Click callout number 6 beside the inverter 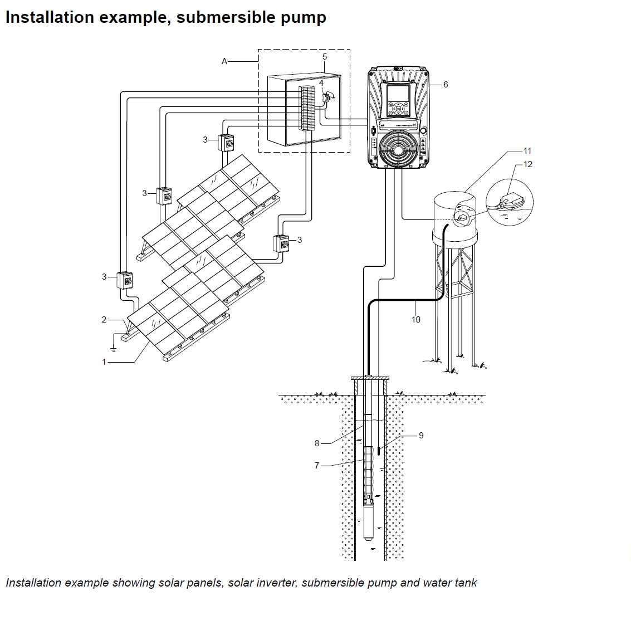(x=446, y=85)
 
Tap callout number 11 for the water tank (x=527, y=151)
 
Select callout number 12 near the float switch (x=528, y=164)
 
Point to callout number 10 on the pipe (x=416, y=320)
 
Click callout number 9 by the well (x=421, y=435)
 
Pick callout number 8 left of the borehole (x=317, y=443)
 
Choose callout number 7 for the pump (x=317, y=466)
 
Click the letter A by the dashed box (x=224, y=62)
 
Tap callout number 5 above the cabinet (x=325, y=57)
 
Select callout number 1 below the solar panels (x=104, y=362)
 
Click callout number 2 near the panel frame (x=104, y=320)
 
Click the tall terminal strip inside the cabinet (x=306, y=109)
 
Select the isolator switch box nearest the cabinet (x=226, y=143)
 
